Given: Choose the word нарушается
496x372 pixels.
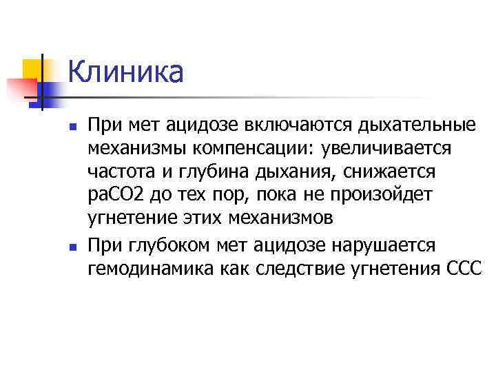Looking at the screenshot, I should click(x=386, y=245).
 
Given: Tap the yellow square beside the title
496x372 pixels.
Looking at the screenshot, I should click(x=33, y=69).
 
